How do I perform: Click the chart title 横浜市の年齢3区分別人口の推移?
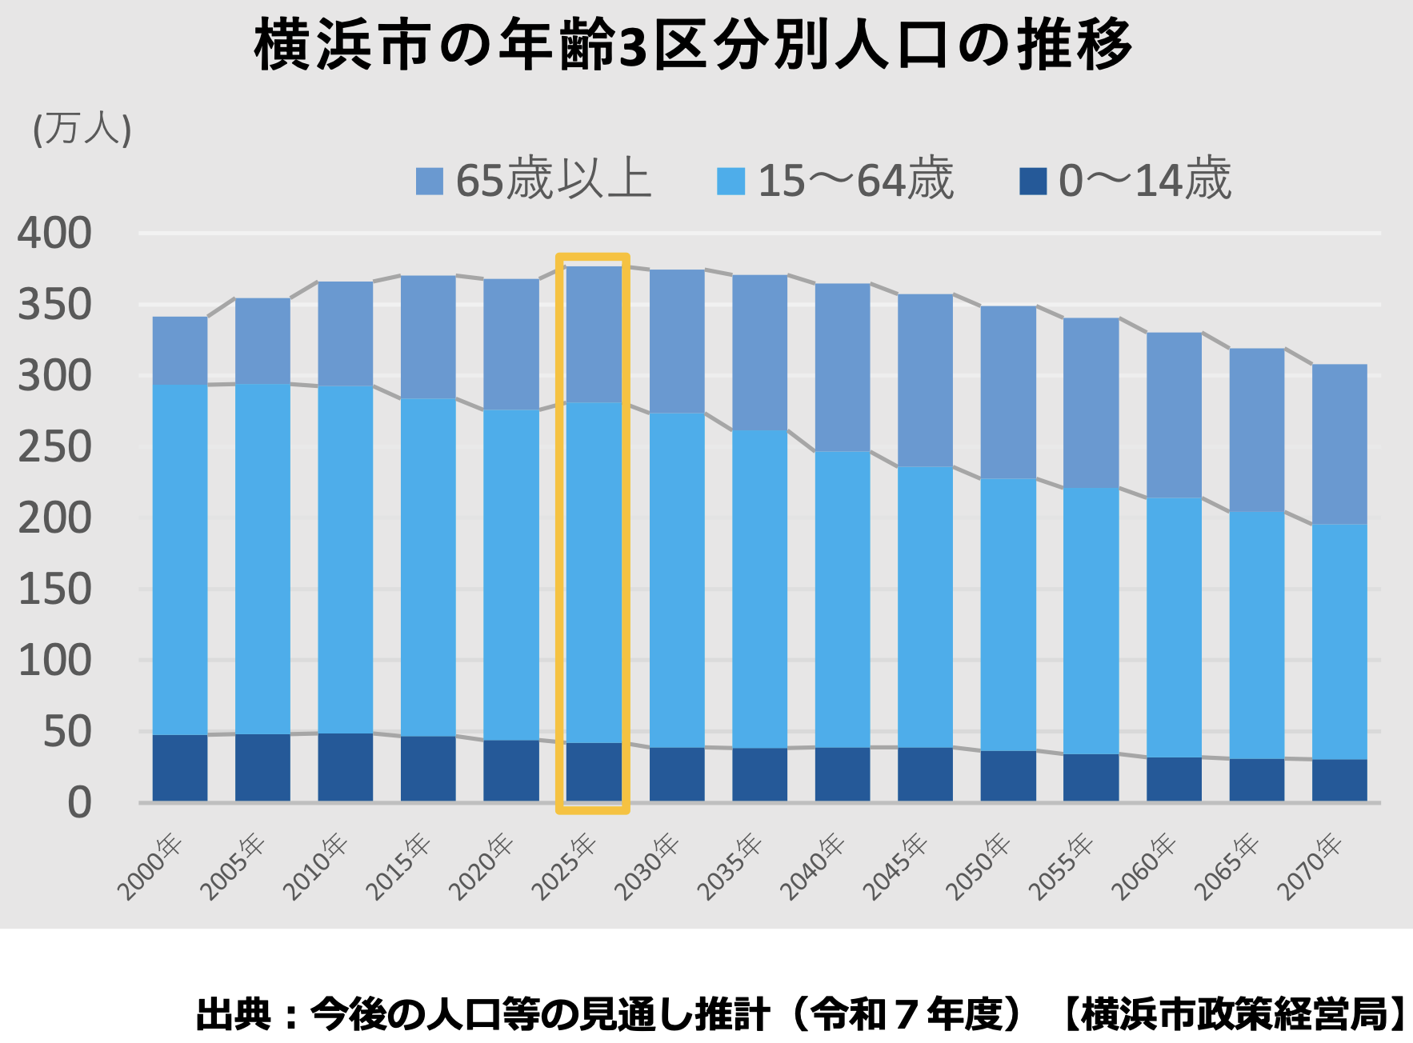[693, 44]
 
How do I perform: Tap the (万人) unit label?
[82, 129]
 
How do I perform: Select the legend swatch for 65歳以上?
[430, 181]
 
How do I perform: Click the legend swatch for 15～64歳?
[731, 181]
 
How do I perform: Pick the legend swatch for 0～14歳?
[1033, 181]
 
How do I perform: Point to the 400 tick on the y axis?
[54, 234]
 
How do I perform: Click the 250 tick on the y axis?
[54, 447]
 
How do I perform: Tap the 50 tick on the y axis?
[67, 732]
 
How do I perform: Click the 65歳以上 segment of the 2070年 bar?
[1339, 444]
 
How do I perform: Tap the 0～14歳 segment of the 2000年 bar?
[180, 768]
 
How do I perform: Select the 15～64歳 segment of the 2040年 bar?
[843, 600]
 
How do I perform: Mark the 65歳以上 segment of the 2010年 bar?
[346, 334]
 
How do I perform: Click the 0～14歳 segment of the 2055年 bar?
[1091, 777]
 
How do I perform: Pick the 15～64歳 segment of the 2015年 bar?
[428, 567]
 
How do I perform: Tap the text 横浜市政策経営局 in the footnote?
[1235, 1014]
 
